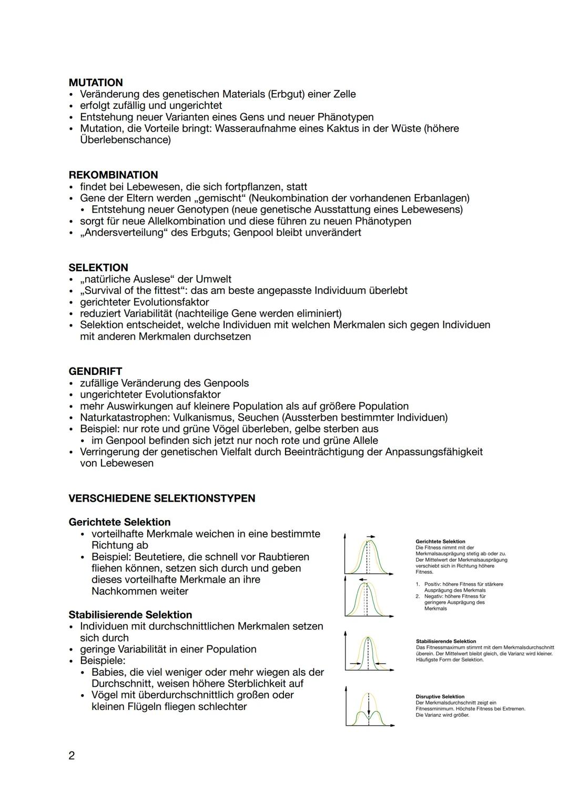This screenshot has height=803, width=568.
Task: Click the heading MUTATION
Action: coord(96,83)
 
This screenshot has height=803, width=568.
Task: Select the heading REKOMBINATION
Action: coord(113,175)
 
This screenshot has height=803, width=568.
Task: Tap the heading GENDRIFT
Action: coord(95,371)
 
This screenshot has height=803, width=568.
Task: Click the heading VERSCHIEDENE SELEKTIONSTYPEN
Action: coord(162,499)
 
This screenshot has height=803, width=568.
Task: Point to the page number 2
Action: coord(72,756)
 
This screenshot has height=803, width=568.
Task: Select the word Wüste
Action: coord(405,129)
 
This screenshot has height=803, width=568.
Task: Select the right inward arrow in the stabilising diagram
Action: coord(382,663)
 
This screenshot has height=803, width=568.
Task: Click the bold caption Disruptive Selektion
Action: coord(440,697)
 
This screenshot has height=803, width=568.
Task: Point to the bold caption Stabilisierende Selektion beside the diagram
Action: coord(445,642)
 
